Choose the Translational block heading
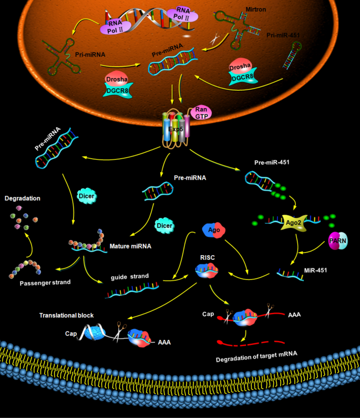(x=66, y=315)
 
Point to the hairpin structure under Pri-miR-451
(x=296, y=57)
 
